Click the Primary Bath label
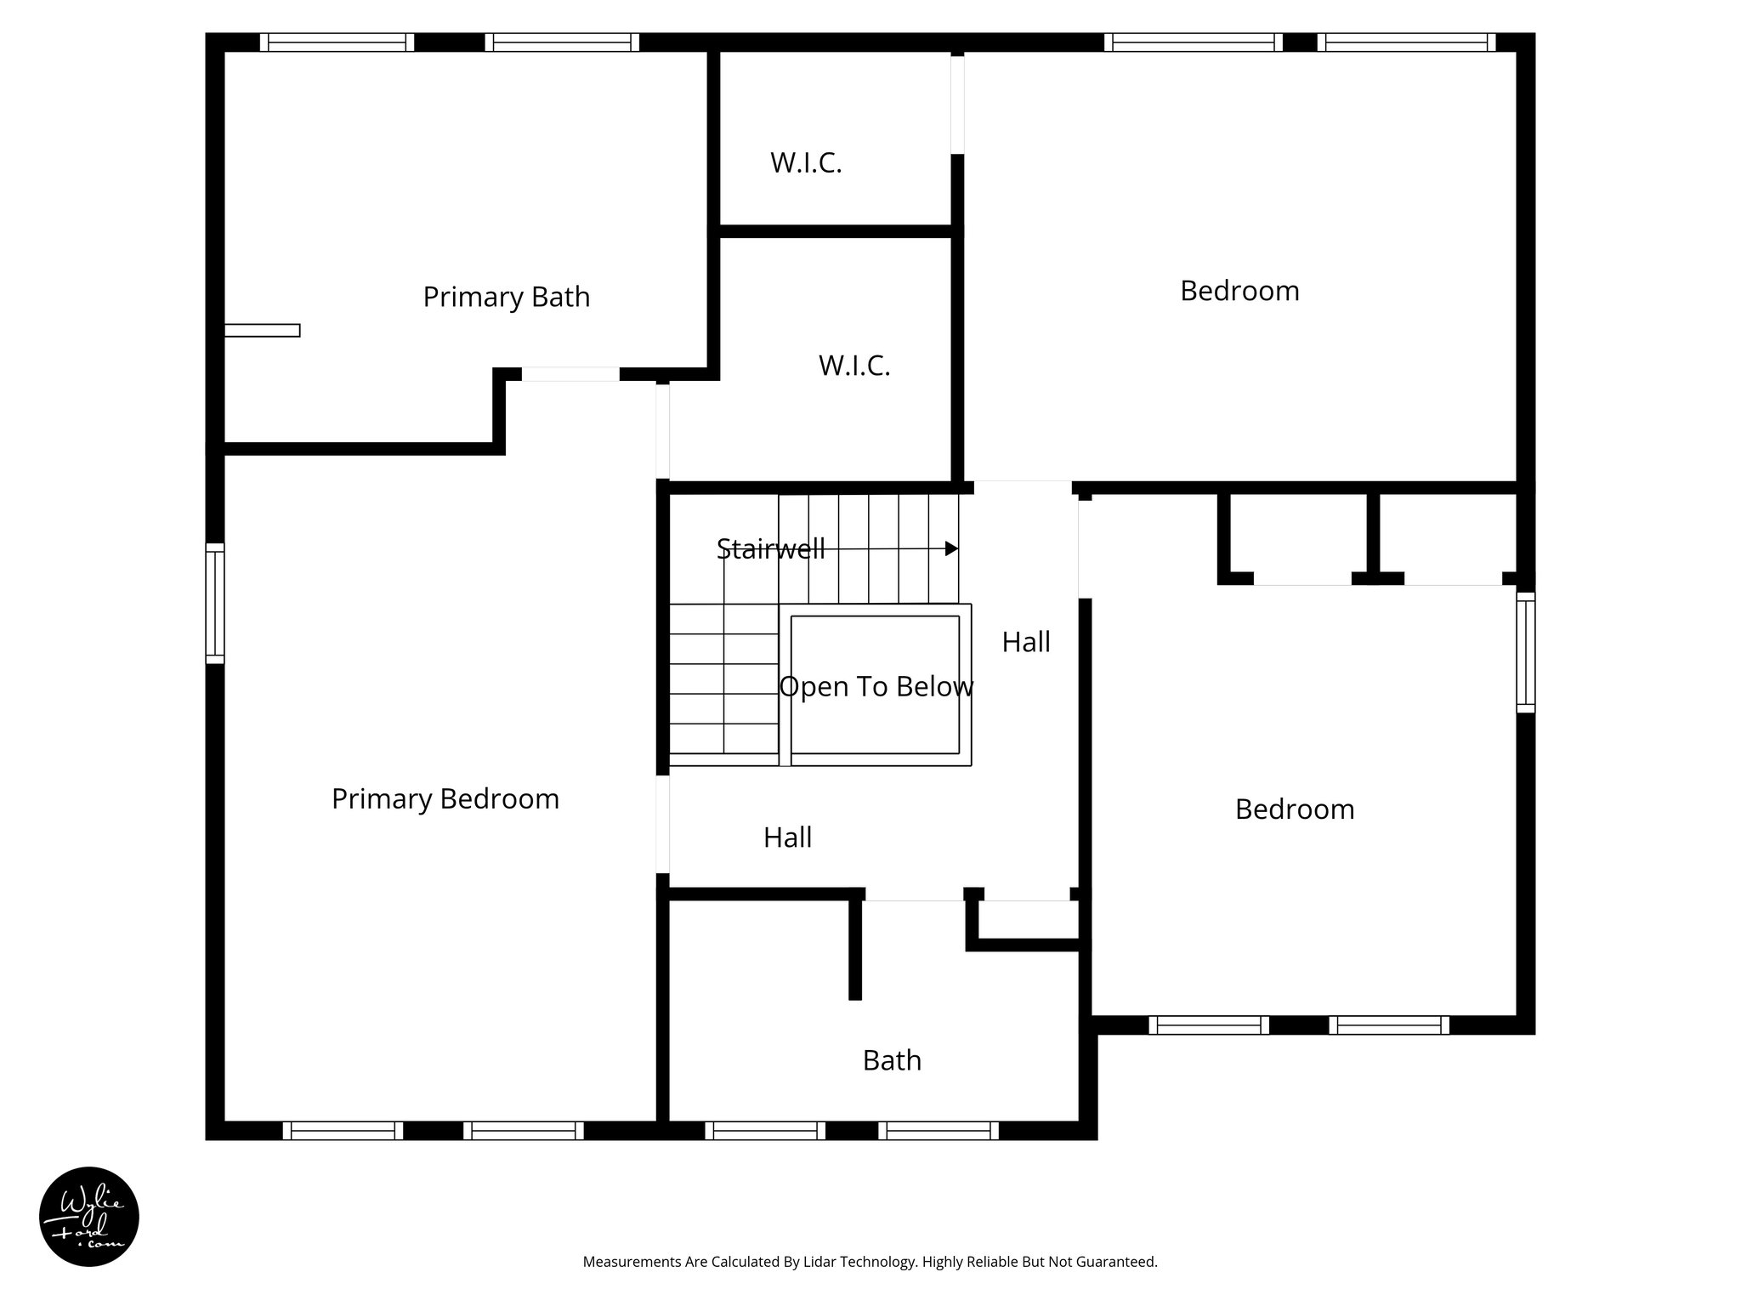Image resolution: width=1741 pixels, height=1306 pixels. coord(506,297)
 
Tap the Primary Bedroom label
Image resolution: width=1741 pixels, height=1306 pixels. coord(445,798)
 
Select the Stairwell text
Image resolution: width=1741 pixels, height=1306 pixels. coord(770,548)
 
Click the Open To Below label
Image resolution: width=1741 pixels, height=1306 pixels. coord(876,686)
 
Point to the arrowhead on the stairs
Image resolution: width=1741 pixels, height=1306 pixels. coord(952,549)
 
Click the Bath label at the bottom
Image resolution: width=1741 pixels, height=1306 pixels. coord(892,1060)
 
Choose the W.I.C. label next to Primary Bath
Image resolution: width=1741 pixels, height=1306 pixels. coord(853,366)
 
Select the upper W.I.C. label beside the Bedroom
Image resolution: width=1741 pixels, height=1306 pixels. coord(806,162)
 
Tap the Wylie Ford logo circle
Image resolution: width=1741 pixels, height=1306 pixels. coord(89,1217)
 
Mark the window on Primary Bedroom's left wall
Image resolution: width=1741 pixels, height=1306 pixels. coord(215,604)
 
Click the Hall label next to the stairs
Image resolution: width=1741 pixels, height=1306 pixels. coord(1025,642)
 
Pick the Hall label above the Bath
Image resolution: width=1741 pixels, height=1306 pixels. coord(787,838)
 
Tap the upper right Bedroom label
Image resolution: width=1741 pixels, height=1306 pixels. coord(1239,291)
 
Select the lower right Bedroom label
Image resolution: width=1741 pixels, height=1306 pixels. coord(1294,809)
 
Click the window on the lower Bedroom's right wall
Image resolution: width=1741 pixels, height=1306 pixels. coord(1526,652)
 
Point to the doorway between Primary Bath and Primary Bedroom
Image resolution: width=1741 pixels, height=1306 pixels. coord(570,374)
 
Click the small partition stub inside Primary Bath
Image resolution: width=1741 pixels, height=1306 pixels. coord(262,331)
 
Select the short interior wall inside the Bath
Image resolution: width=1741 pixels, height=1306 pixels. coord(855,948)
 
